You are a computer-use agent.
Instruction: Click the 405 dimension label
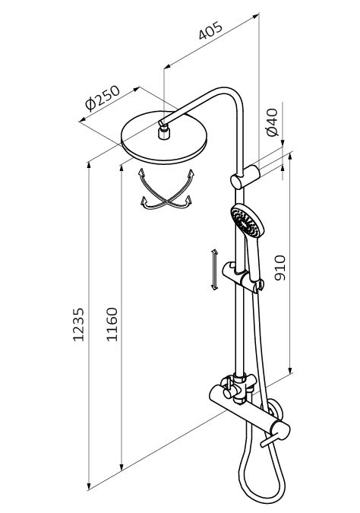point(210,30)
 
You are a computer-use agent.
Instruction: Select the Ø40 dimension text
point(272,122)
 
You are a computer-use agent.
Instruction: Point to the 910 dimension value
point(279,268)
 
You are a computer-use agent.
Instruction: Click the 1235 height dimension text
point(78,325)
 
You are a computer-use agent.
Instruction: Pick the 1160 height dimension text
point(112,325)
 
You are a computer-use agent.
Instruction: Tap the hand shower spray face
point(246,221)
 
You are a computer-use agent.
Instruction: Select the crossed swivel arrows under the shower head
point(166,188)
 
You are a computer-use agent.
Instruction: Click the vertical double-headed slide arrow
point(214,269)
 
